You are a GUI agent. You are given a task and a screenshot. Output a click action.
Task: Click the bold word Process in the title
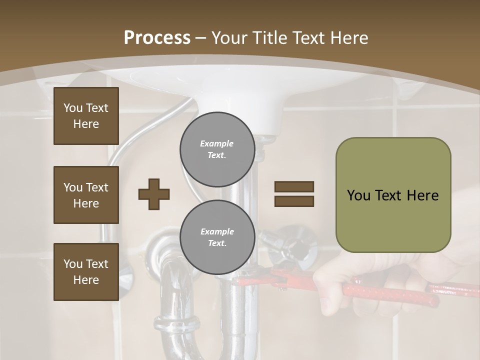pyautogui.click(x=157, y=38)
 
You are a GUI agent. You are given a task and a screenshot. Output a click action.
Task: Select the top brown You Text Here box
pyautogui.click(x=86, y=116)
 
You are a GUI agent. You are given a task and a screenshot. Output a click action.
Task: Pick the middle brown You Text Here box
pyautogui.click(x=86, y=195)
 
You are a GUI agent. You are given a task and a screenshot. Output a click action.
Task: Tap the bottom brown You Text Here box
pyautogui.click(x=86, y=272)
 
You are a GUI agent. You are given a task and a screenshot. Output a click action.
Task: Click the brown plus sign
pyautogui.click(x=154, y=193)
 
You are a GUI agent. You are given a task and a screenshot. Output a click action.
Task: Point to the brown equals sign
pyautogui.click(x=294, y=194)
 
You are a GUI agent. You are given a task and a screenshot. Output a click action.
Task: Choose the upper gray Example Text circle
pyautogui.click(x=217, y=149)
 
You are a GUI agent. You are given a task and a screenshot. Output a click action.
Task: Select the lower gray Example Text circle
pyautogui.click(x=217, y=237)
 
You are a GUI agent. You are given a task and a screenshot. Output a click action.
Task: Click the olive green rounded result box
pyautogui.click(x=393, y=195)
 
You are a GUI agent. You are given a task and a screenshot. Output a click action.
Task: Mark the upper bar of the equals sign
pyautogui.click(x=294, y=187)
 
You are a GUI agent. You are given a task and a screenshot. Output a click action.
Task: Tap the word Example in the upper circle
pyautogui.click(x=217, y=144)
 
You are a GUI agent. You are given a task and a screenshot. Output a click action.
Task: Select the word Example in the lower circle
pyautogui.click(x=217, y=232)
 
